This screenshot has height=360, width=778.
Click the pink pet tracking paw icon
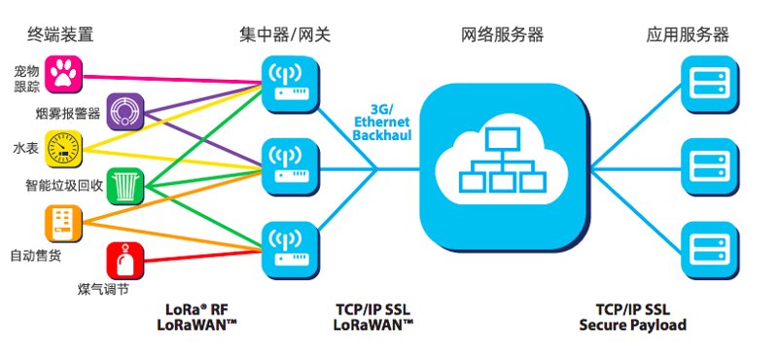coord(63,75)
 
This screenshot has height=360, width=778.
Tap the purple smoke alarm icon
coord(125,112)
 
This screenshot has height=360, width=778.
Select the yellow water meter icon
coord(63,149)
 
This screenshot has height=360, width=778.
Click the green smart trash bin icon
coord(125,186)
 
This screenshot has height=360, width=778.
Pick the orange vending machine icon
coord(63,224)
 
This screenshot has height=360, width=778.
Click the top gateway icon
coord(290,84)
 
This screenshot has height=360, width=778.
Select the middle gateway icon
coord(290,166)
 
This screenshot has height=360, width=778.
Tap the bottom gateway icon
coord(290,250)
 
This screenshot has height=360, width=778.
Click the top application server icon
coord(710,84)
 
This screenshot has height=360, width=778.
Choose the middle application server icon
coord(710,166)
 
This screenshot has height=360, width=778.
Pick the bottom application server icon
coord(710,250)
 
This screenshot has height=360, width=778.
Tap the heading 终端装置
coord(60,35)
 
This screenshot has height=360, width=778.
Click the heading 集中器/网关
coord(285,35)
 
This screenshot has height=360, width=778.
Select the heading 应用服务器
coord(688,35)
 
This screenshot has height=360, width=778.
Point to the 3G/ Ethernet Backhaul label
coord(382,122)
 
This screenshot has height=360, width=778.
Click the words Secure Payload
coord(633,326)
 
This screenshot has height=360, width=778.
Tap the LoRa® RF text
coord(196,309)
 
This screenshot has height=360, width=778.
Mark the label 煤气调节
coord(103,289)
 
